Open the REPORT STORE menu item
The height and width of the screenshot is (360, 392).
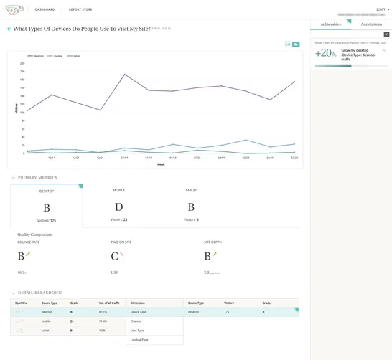coord(80,9)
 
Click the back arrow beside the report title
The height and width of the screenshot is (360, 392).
coord(9,29)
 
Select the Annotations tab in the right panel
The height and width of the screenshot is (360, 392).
coord(371,24)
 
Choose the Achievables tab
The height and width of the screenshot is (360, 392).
coord(330,24)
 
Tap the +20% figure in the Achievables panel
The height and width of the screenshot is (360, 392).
coord(327,54)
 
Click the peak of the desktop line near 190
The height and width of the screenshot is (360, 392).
coord(124,75)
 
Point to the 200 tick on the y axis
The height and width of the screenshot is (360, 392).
coord(22,72)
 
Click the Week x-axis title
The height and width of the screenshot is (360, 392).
coord(161,164)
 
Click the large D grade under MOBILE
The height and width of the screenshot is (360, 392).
coord(118,207)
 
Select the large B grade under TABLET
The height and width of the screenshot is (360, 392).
coord(191,207)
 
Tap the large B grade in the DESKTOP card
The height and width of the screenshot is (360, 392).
coord(46,209)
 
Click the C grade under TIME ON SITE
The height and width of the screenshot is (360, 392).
coord(113,256)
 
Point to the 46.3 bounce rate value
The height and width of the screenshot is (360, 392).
coord(22,273)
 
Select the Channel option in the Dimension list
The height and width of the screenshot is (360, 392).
coord(136,321)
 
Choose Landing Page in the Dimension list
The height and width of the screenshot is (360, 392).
coord(139,339)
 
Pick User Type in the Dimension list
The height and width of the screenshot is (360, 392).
coord(137,331)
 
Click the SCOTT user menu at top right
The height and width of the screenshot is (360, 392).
coord(381,9)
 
